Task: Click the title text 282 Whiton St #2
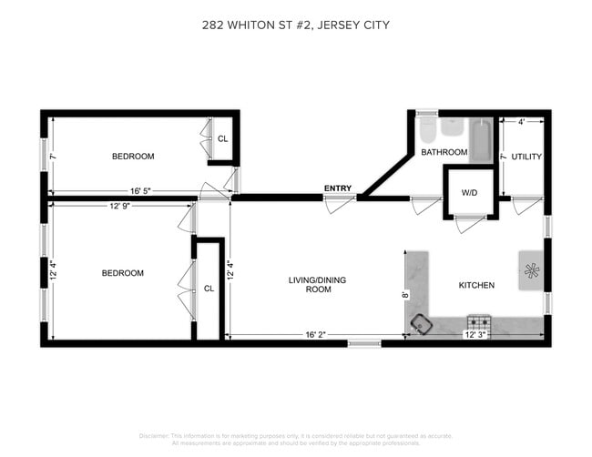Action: [x=295, y=25]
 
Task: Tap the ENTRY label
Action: [x=337, y=188]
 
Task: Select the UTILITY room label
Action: [x=526, y=157]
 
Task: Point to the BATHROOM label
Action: [x=444, y=152]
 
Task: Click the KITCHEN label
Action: [x=475, y=286]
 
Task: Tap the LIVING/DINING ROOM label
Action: [x=304, y=285]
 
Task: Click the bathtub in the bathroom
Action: [x=480, y=142]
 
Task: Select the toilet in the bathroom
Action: [x=427, y=131]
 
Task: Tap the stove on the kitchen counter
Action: [x=478, y=322]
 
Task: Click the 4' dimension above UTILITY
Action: [x=521, y=121]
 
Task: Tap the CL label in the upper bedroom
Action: [x=221, y=139]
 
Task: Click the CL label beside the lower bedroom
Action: [x=209, y=289]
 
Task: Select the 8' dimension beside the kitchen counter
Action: [x=405, y=295]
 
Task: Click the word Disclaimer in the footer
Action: [x=156, y=436]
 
